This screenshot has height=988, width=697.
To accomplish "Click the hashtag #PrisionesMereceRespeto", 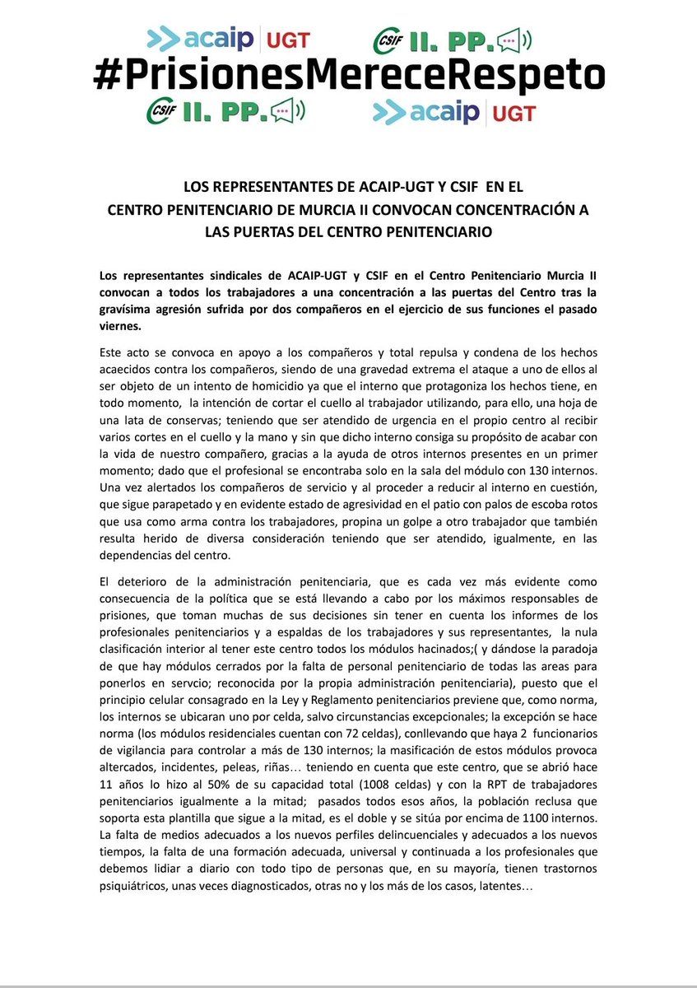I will coord(348,76).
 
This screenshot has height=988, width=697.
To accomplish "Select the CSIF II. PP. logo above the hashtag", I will coord(453,39).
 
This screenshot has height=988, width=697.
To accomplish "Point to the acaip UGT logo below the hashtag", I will coord(453,111).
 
